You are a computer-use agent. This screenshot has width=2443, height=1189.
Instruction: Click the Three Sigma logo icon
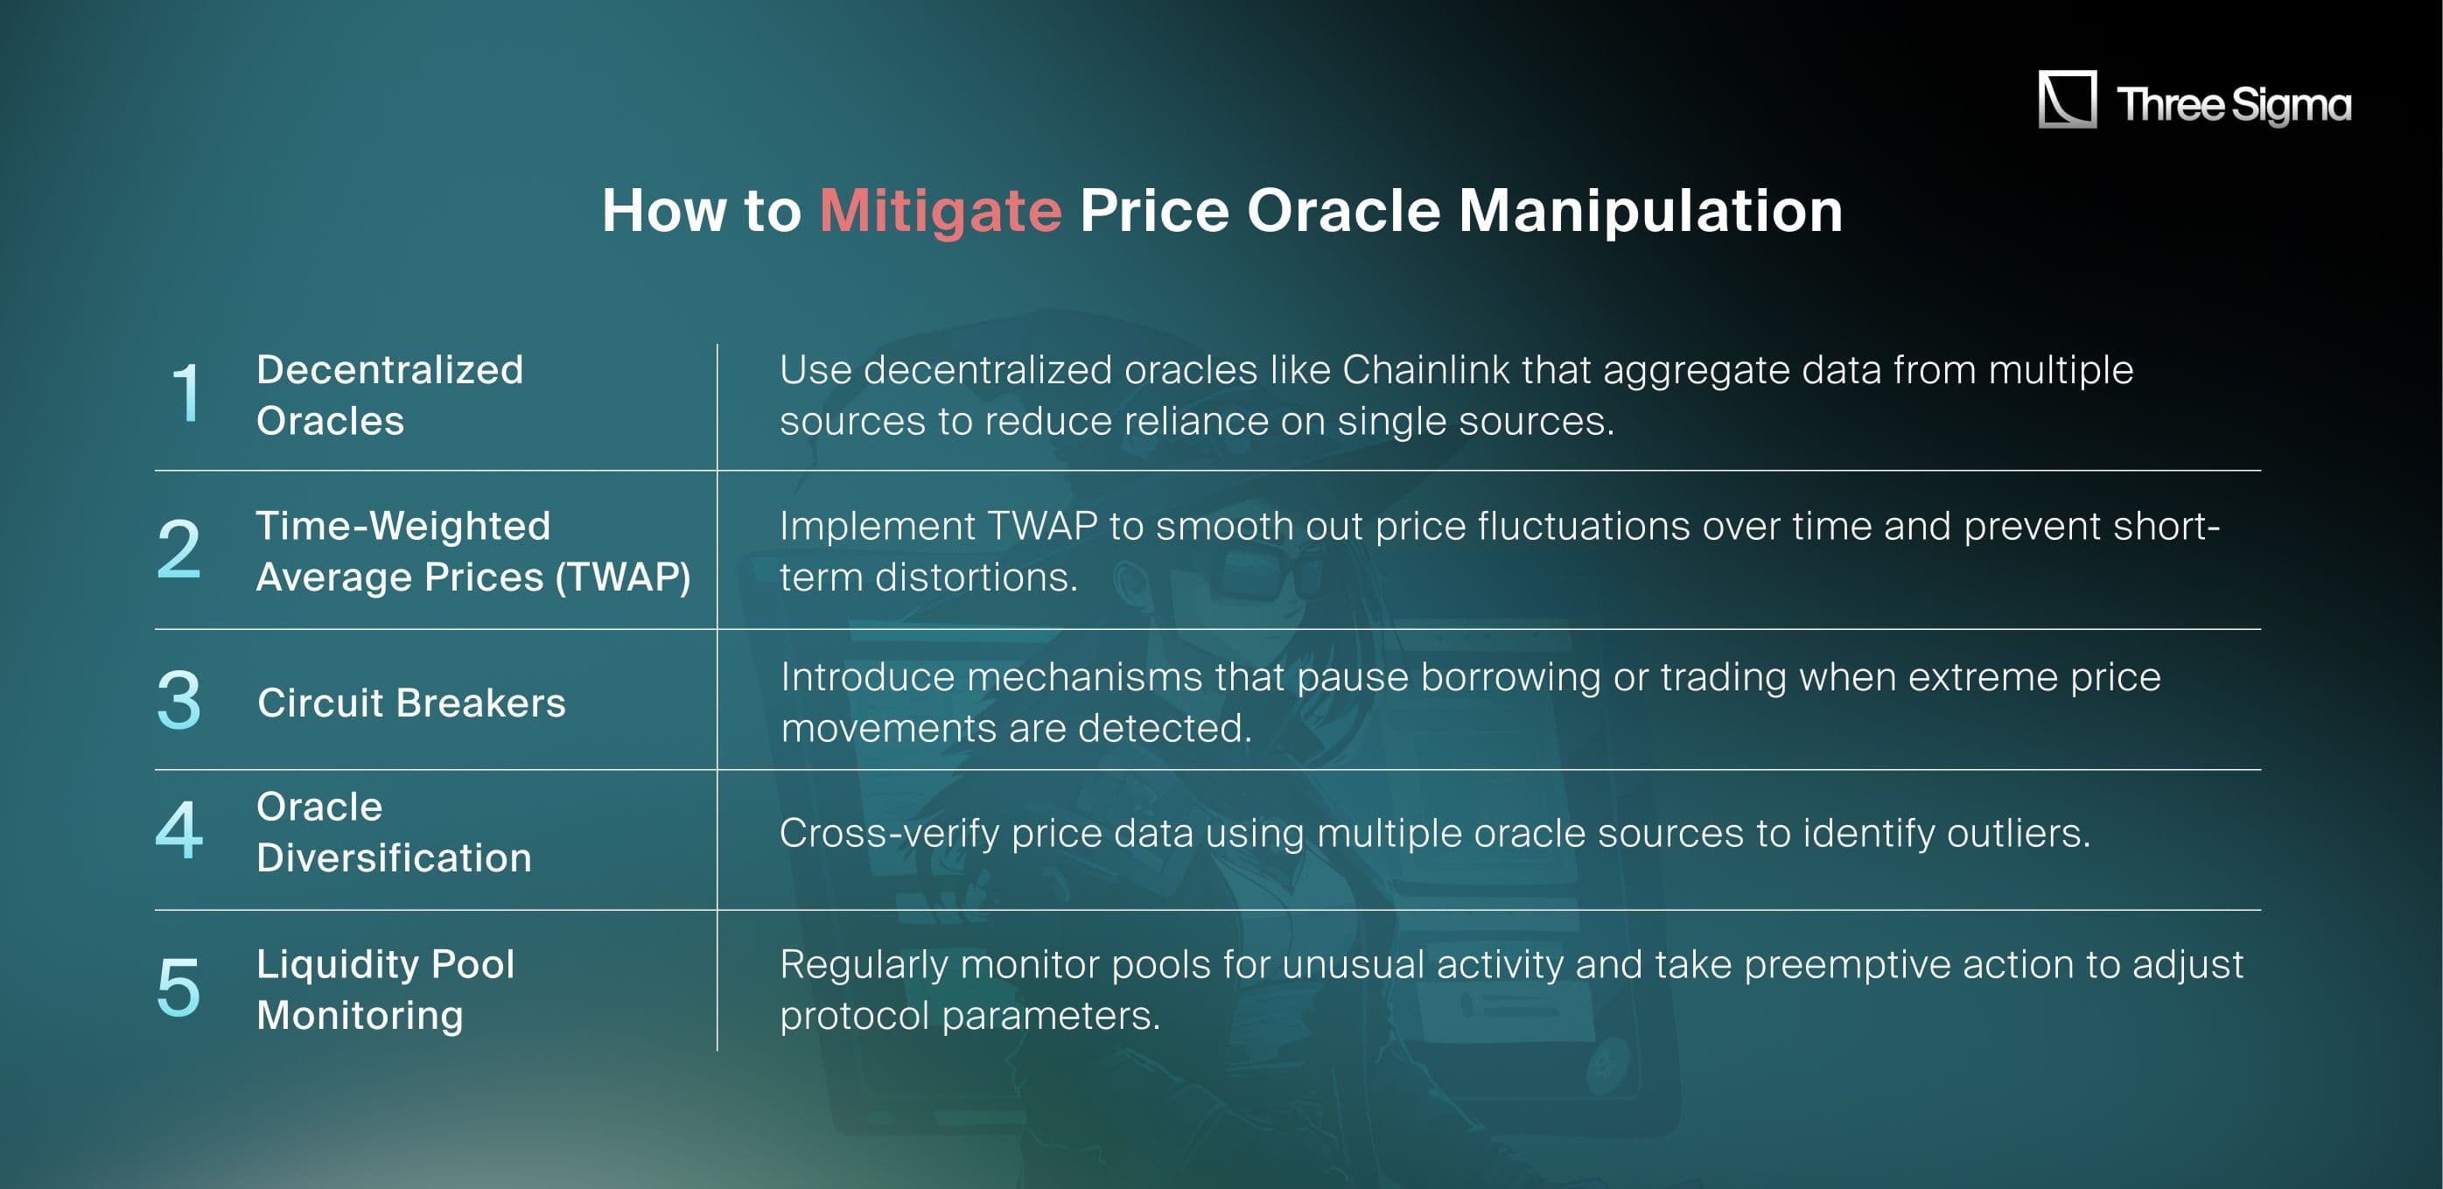click(2068, 100)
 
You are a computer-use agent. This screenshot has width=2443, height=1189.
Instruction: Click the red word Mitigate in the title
click(940, 211)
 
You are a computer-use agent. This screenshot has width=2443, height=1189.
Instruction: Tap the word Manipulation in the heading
click(1650, 211)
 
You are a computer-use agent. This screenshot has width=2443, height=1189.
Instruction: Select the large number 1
click(185, 393)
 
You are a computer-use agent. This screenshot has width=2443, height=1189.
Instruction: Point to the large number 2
click(179, 549)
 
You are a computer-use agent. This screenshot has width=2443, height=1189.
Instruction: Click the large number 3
click(179, 700)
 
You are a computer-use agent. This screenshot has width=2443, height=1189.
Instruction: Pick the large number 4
click(179, 830)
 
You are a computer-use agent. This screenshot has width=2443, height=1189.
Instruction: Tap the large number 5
click(179, 988)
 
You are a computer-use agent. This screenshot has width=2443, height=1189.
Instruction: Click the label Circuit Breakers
click(411, 703)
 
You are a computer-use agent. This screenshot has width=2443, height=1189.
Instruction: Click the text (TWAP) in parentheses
click(623, 577)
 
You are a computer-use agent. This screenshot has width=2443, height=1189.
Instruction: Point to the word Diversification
click(394, 858)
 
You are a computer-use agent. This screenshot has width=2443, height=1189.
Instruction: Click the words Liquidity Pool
click(385, 964)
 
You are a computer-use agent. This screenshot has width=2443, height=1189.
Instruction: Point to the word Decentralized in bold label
click(389, 370)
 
